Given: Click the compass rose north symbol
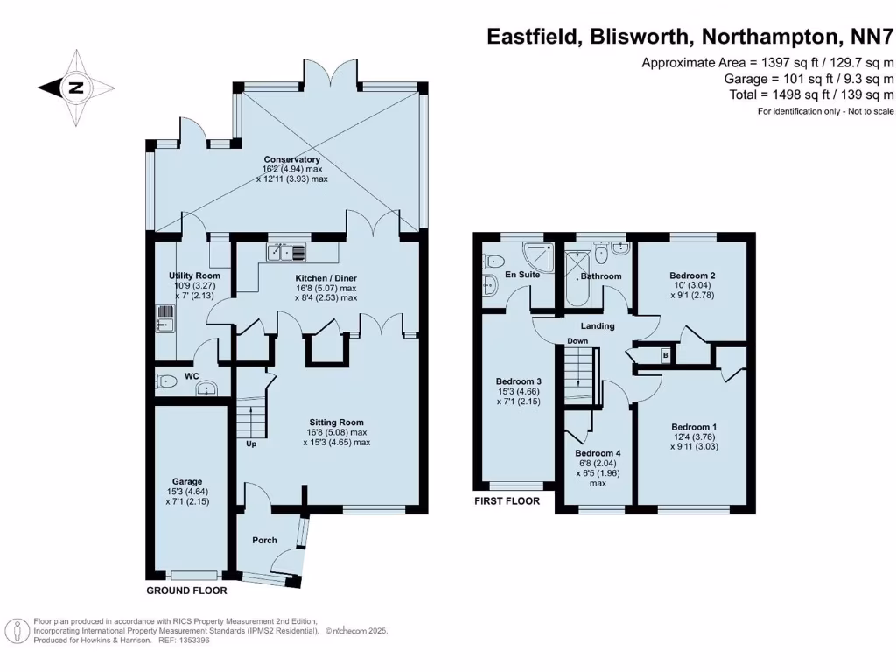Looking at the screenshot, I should click(76, 87).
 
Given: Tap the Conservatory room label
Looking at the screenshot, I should click(291, 159).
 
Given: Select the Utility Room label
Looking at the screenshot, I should click(194, 276).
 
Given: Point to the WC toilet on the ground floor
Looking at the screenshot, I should click(165, 381).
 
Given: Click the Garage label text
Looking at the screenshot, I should click(187, 481).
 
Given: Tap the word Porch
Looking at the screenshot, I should click(265, 540).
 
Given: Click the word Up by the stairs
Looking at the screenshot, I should click(251, 444).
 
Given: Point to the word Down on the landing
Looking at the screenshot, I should click(577, 340).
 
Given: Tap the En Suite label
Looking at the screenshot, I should click(499, 275).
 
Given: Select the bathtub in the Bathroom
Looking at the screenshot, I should click(577, 279).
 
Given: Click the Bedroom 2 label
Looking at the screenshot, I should click(693, 276).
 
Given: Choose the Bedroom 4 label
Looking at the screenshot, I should click(598, 453).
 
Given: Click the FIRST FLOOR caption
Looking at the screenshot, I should click(507, 501).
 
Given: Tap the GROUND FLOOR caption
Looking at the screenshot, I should click(186, 591).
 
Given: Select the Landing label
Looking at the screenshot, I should click(598, 326).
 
